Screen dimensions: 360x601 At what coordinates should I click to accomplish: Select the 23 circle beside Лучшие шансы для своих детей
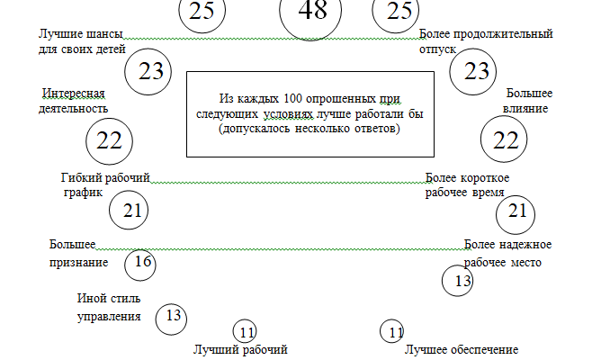click(x=150, y=72)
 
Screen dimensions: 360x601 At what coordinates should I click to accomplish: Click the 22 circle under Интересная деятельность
click(x=108, y=140)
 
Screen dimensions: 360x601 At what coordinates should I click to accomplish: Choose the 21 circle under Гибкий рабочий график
click(x=129, y=211)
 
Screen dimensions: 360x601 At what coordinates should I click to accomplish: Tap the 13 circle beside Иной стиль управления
click(x=171, y=316)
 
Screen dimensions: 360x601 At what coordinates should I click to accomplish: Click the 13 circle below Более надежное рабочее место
click(x=458, y=281)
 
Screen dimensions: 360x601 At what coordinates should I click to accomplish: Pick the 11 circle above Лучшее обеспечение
click(x=392, y=332)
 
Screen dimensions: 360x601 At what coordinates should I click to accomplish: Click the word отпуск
click(x=438, y=50)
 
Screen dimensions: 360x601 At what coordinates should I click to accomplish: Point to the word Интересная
click(x=75, y=94)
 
